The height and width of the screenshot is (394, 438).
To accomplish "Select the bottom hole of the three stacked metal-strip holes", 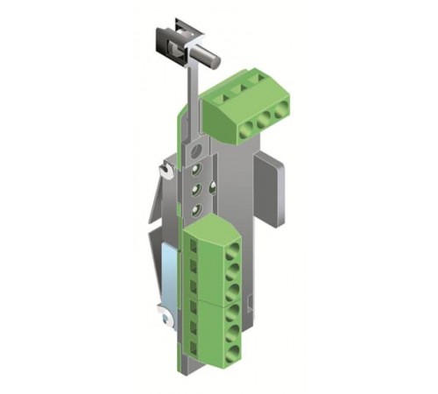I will pos(197,208).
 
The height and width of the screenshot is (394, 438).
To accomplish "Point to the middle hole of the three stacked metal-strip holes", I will pos(197,187).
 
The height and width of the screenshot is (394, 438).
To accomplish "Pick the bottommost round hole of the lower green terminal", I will pos(232,355).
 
